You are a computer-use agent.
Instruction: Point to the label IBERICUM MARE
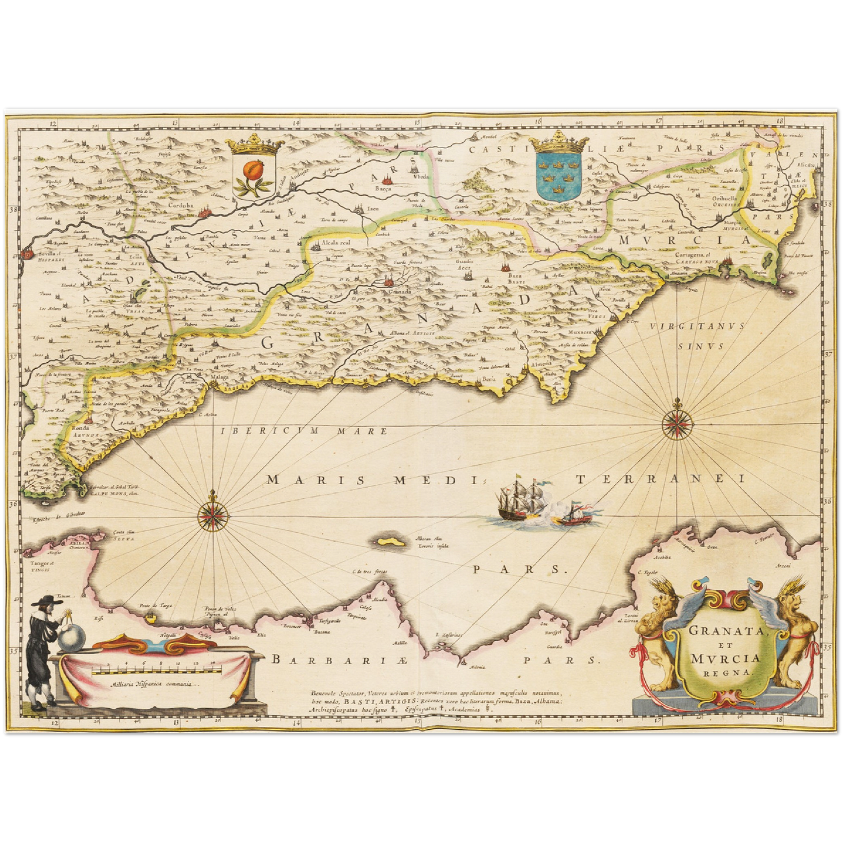304,432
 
